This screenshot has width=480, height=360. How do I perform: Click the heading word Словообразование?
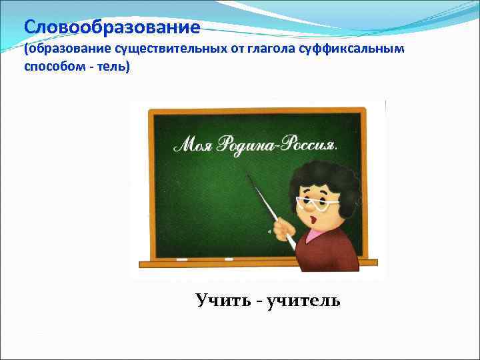point(112,28)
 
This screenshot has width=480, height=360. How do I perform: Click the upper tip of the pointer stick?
point(249,176)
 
